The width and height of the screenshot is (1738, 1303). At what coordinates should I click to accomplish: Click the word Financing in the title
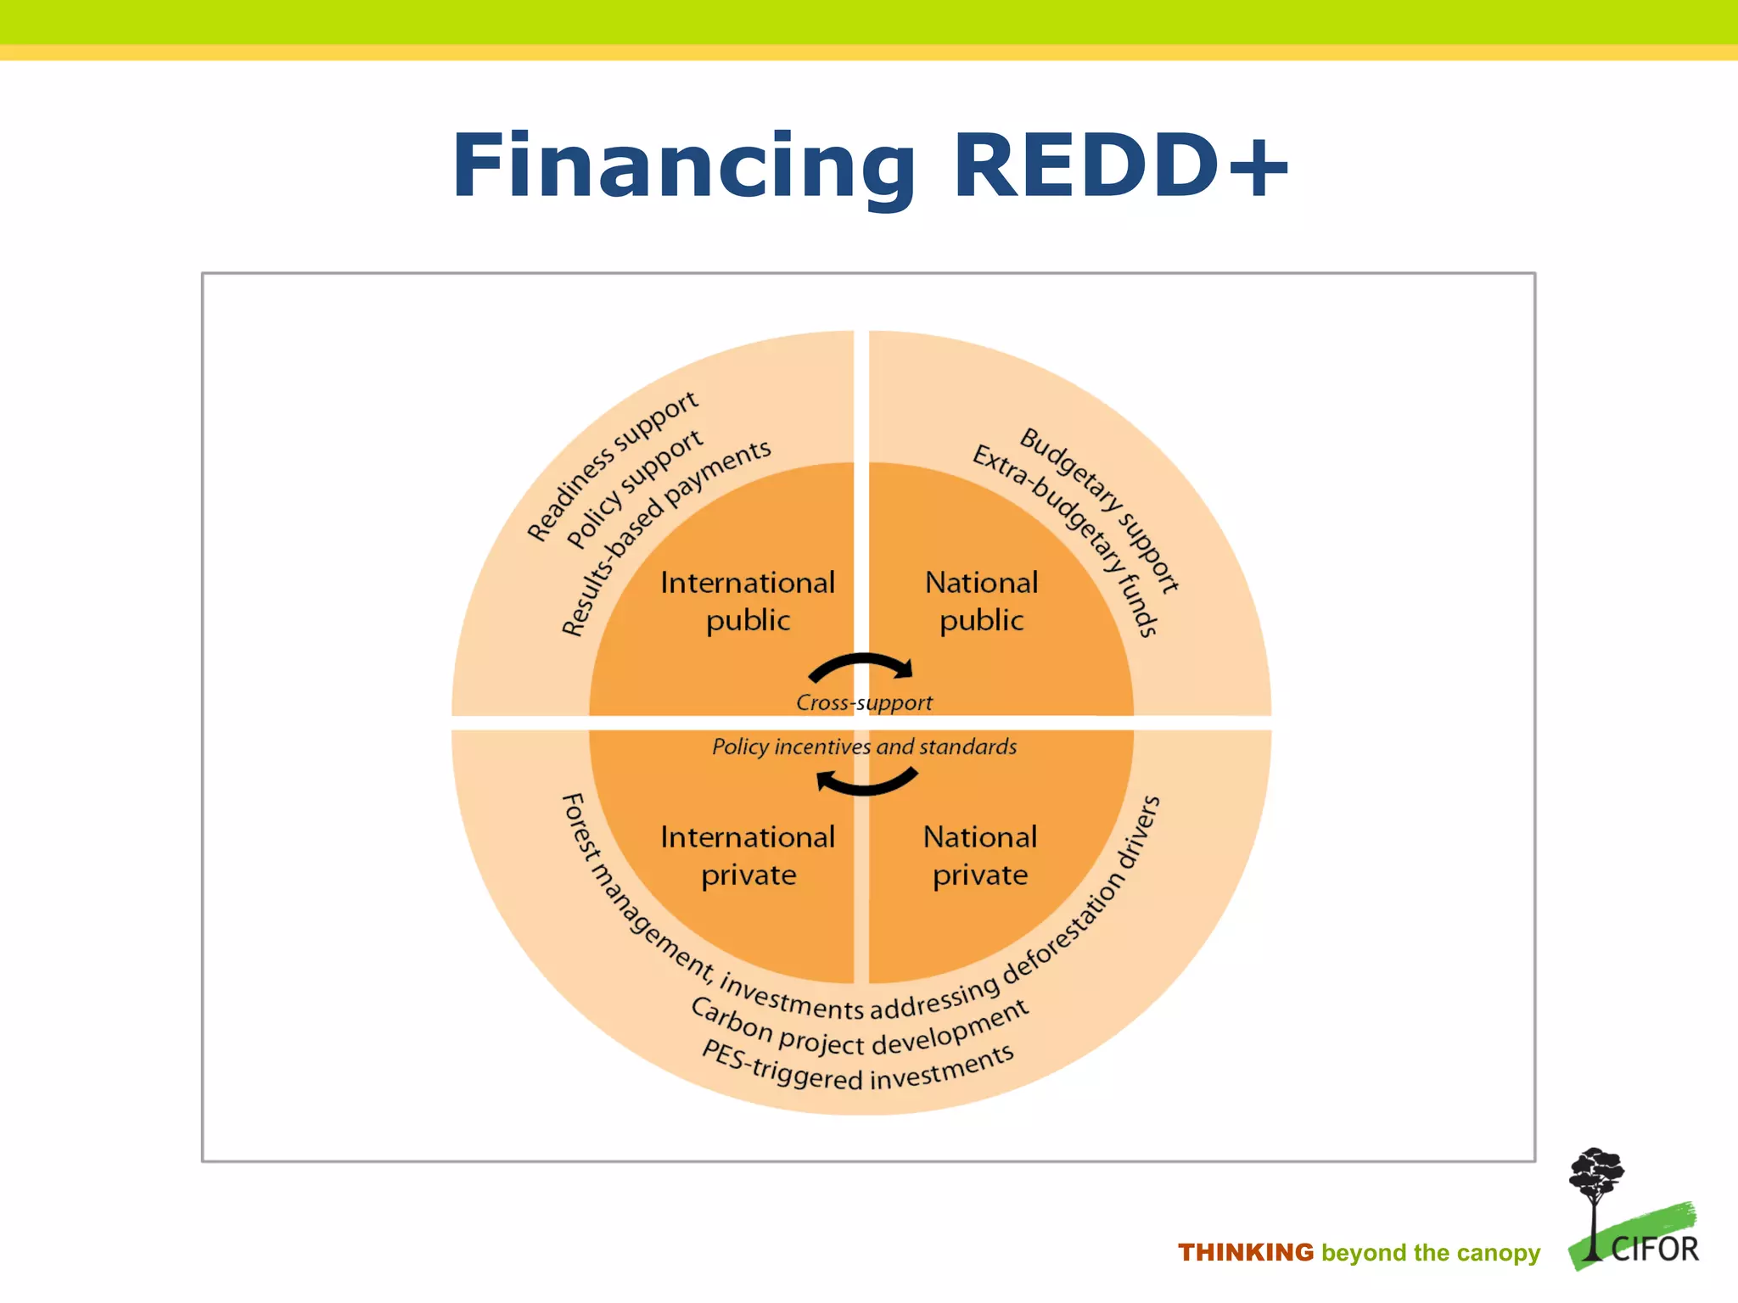(683, 167)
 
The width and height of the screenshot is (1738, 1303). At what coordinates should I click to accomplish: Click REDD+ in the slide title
(1120, 167)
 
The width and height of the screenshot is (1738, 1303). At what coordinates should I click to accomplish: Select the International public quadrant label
(748, 601)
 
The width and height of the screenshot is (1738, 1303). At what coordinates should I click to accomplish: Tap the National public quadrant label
(982, 601)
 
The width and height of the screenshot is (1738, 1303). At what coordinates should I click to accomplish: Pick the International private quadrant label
(748, 855)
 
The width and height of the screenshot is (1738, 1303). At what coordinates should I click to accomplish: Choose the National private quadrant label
(980, 855)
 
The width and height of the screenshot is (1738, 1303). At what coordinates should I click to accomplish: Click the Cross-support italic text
(864, 702)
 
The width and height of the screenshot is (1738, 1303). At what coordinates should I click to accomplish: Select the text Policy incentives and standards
(864, 747)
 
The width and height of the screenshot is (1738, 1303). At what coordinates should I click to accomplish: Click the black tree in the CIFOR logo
(1595, 1188)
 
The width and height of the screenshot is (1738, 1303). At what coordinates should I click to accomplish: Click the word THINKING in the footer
(1245, 1252)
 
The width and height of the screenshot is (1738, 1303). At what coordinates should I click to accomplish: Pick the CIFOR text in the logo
(1654, 1250)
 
